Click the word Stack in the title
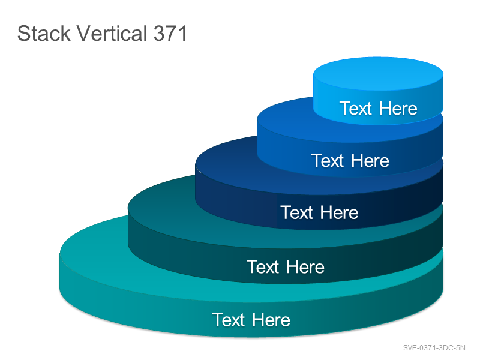pyautogui.click(x=44, y=34)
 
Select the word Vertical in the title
pyautogui.click(x=112, y=33)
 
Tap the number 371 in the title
pyautogui.click(x=170, y=34)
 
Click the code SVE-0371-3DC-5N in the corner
pyautogui.click(x=434, y=348)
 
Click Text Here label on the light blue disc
pyautogui.click(x=379, y=109)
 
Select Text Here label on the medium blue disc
pyautogui.click(x=350, y=160)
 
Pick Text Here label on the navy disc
pyautogui.click(x=319, y=212)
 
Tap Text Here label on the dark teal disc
pyautogui.click(x=286, y=266)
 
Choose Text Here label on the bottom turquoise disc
pyautogui.click(x=251, y=320)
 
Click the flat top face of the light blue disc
pyautogui.click(x=379, y=73)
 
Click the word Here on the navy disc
pyautogui.click(x=340, y=212)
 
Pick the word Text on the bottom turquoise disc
pyautogui.click(x=229, y=320)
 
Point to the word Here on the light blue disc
pyautogui.click(x=398, y=109)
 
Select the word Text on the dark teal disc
pyautogui.click(x=263, y=266)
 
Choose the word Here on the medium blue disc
pyautogui.click(x=370, y=160)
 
